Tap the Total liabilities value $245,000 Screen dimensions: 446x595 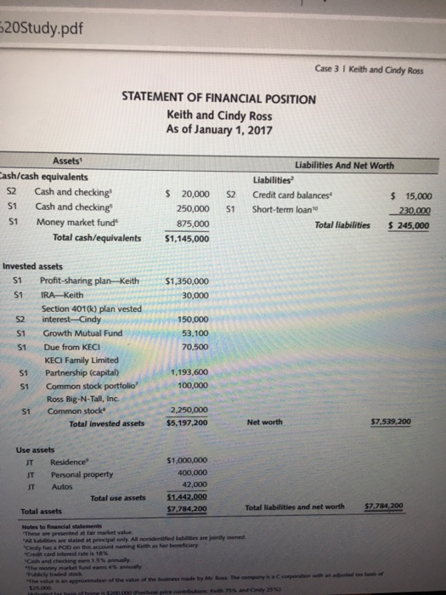coord(409,226)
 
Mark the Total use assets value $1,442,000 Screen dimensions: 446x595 coord(189,498)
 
